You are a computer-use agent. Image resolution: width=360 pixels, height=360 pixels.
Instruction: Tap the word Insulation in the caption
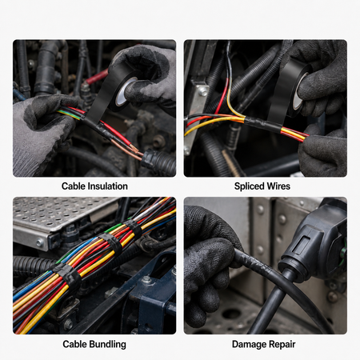[107, 186]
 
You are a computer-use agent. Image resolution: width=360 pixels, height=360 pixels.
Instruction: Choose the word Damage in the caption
[249, 345]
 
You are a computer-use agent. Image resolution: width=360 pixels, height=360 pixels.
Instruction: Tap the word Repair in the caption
[282, 345]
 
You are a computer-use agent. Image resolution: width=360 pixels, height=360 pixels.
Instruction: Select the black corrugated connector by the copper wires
[158, 162]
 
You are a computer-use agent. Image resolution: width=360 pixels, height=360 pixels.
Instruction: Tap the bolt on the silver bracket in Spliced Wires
[202, 91]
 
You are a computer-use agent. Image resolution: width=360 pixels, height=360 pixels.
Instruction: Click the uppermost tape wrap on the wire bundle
[134, 229]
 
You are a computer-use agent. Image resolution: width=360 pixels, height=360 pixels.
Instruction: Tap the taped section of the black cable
[254, 262]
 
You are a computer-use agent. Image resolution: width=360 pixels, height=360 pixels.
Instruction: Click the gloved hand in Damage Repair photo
[210, 264]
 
